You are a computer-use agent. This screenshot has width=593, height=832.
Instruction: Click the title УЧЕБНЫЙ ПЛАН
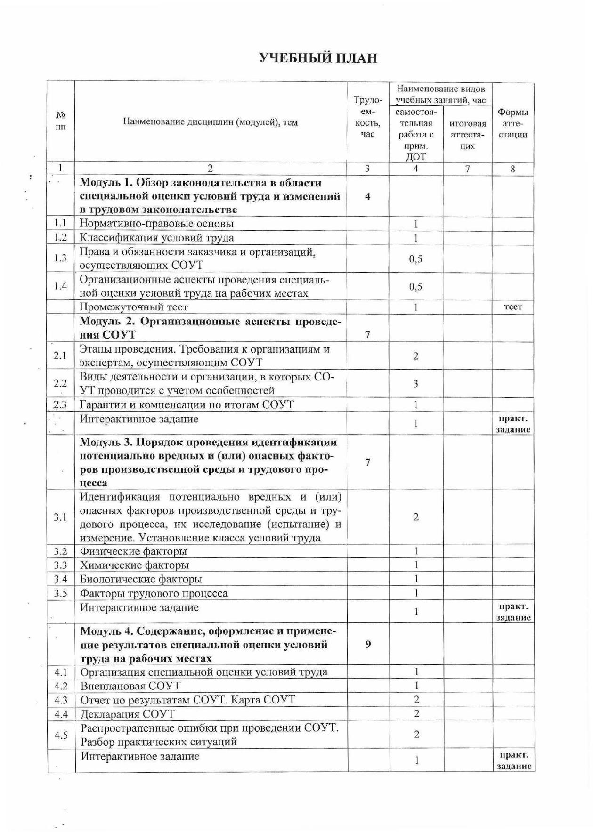(x=318, y=58)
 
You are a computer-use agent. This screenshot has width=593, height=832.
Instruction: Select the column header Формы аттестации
(x=512, y=123)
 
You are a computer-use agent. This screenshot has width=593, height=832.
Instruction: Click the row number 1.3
(x=60, y=258)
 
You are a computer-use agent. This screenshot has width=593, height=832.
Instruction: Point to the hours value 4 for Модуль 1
(x=367, y=196)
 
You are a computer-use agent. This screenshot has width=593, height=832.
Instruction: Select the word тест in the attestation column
(x=513, y=307)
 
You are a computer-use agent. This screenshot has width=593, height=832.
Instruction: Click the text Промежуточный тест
(x=134, y=307)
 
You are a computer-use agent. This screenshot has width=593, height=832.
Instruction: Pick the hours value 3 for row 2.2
(x=415, y=384)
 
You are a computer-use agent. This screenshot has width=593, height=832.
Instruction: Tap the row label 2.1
(x=60, y=355)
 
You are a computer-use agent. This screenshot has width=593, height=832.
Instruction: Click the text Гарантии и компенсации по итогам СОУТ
(x=187, y=404)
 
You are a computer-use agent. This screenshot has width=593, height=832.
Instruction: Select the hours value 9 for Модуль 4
(x=368, y=644)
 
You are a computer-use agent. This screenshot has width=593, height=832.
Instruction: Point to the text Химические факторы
(x=135, y=565)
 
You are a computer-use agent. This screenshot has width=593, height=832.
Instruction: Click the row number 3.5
(x=60, y=593)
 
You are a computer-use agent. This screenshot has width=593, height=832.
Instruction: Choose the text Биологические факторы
(x=141, y=579)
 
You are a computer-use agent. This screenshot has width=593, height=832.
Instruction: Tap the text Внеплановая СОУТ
(x=130, y=686)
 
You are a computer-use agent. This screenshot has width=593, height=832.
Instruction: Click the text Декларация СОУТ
(x=128, y=714)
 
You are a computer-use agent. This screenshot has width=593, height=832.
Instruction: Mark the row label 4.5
(x=61, y=735)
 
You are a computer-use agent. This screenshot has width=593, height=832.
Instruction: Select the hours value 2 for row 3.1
(x=416, y=517)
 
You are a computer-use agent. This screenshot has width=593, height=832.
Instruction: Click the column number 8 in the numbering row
(x=513, y=169)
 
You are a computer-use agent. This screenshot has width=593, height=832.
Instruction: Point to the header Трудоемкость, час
(x=367, y=118)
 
